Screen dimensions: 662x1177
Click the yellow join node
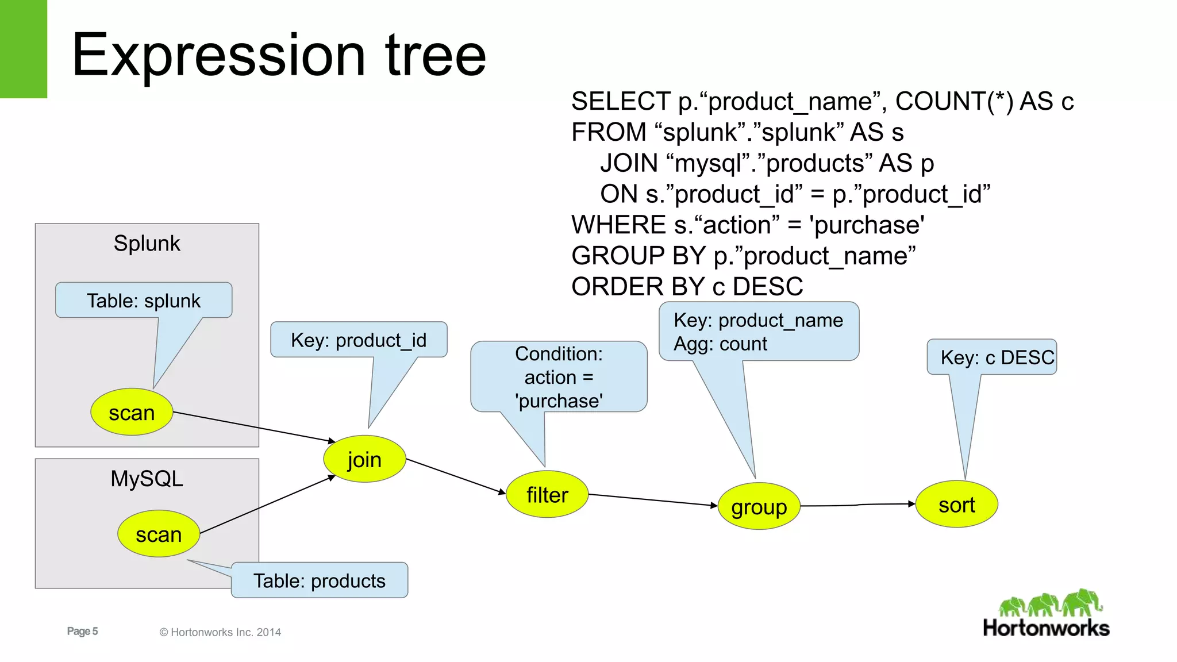364,459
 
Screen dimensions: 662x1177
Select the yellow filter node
547,494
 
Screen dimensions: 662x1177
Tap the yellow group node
759,506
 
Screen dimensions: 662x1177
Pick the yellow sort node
956,505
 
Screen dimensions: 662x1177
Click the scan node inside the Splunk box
132,412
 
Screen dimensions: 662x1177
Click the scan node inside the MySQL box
159,534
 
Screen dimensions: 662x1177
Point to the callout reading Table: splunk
144,301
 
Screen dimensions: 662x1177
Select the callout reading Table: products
320,580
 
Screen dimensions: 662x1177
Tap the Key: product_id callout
359,340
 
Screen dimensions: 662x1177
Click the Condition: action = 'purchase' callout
559,377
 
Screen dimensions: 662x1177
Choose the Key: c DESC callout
997,357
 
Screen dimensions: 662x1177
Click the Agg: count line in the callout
720,344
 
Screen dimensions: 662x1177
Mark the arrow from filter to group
652,500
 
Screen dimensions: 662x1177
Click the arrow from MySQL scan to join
267,505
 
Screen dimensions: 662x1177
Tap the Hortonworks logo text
1046,628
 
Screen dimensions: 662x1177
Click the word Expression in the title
218,55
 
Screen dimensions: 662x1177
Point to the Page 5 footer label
82,631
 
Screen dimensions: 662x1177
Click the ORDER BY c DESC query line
687,286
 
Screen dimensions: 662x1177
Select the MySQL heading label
147,478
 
